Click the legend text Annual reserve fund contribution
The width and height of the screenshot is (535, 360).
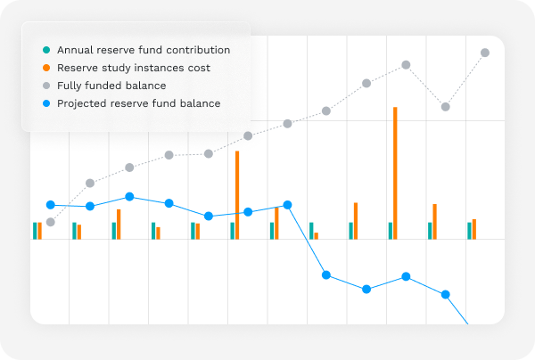pos(143,50)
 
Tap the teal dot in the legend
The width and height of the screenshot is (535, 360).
pos(46,50)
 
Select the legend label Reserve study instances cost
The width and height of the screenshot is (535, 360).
pos(133,68)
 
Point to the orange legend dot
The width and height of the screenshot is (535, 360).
pos(46,68)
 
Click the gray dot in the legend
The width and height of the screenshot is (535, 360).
pos(46,86)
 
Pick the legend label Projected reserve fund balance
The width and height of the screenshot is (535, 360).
pos(138,103)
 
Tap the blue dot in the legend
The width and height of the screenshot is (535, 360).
pos(46,103)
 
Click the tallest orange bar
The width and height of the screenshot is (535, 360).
pos(395,173)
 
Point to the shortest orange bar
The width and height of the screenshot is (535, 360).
pos(317,235)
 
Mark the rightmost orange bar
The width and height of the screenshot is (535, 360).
pos(474,229)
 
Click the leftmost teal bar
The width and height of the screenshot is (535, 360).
pos(35,231)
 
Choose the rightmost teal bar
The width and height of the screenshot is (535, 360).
pos(469,231)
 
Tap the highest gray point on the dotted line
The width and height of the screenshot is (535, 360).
pos(485,53)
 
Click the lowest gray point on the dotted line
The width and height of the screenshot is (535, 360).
pos(51,222)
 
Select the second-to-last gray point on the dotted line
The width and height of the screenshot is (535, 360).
pos(446,107)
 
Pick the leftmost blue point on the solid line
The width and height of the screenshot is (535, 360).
pos(51,205)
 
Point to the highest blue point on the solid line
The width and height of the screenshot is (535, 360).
pos(129,197)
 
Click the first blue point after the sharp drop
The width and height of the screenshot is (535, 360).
pos(326,274)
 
